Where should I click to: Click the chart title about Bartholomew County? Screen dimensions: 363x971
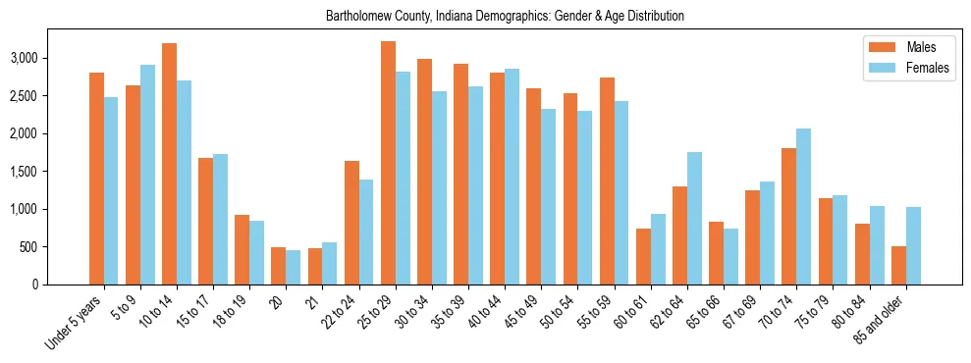(x=505, y=17)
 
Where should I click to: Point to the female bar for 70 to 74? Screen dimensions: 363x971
(x=803, y=206)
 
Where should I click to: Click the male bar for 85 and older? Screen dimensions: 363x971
(x=898, y=265)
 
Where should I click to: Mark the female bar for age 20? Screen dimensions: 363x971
(x=294, y=267)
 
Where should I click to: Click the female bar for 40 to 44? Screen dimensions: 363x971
(x=512, y=177)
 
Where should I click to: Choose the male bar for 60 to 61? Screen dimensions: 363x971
(x=643, y=256)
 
